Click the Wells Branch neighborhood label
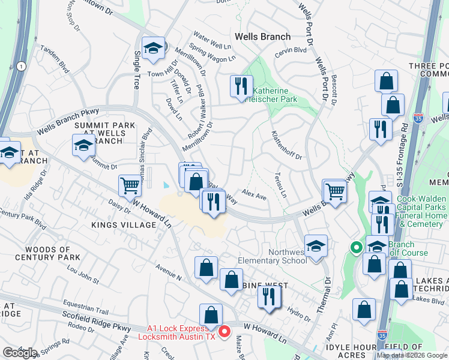(263, 37)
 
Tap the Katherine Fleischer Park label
(274, 95)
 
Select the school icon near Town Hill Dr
(153, 49)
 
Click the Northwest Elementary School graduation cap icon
(316, 245)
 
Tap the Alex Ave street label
(254, 196)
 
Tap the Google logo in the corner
(20, 352)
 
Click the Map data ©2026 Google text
(412, 355)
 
